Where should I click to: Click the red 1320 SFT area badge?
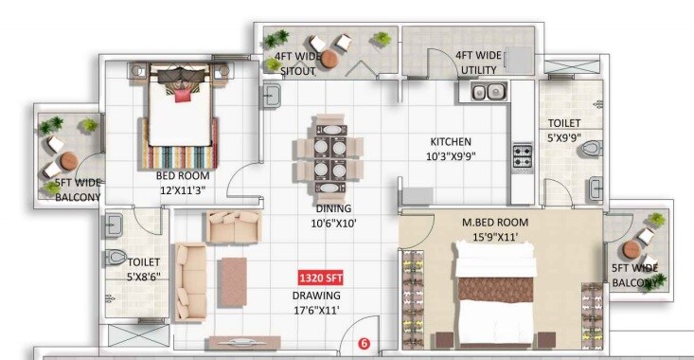(320, 279)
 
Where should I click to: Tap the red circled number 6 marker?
(363, 344)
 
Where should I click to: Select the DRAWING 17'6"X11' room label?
(315, 301)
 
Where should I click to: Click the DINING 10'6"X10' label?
(334, 216)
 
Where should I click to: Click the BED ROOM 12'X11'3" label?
(183, 182)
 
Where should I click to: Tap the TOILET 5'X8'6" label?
(144, 269)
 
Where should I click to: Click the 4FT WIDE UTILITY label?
(477, 63)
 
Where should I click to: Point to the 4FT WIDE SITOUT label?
(295, 63)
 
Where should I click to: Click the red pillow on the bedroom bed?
(182, 94)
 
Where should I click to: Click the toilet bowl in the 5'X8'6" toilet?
(115, 257)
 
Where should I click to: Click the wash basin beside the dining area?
(270, 95)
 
